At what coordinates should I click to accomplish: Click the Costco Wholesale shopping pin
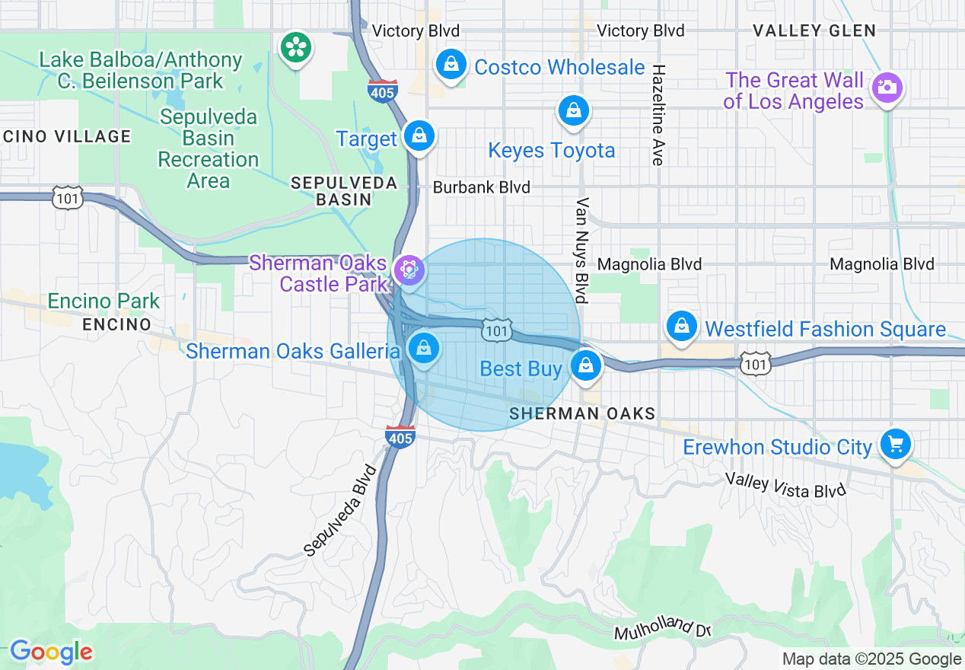[451, 65]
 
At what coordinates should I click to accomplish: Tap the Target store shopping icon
[419, 136]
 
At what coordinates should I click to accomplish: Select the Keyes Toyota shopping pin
[574, 111]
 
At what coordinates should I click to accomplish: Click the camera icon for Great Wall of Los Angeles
[887, 88]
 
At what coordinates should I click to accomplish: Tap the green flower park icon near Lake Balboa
[295, 47]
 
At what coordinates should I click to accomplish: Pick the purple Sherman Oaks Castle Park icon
[409, 270]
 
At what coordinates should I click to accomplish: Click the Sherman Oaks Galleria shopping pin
[424, 349]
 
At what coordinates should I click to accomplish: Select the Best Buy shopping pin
[586, 366]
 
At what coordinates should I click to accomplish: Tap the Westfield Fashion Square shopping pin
[682, 327]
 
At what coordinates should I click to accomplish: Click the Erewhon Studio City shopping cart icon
[895, 444]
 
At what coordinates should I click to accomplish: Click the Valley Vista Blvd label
[785, 485]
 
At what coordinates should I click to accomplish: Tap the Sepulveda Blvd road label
[340, 509]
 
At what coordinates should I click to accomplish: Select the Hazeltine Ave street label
[658, 114]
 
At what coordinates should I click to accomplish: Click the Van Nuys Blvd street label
[584, 250]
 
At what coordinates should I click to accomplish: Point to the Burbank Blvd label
[481, 187]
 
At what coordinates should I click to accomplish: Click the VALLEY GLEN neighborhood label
[814, 30]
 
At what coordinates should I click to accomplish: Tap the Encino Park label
[104, 301]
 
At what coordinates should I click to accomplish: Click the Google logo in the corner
[51, 652]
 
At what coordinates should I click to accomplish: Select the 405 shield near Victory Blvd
[381, 91]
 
